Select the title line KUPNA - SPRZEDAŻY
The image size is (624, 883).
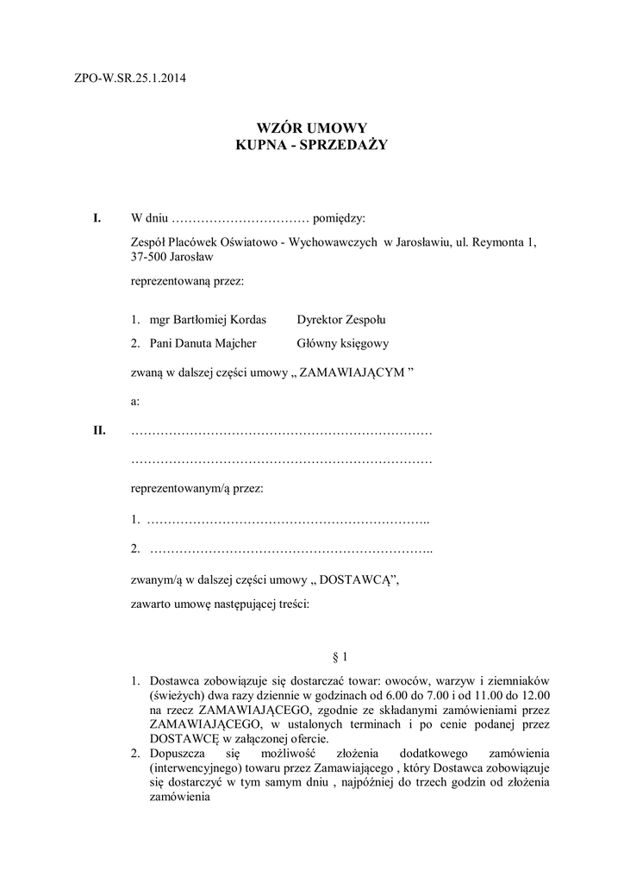(x=312, y=146)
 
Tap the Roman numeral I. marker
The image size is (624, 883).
(x=98, y=217)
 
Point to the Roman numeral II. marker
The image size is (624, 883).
(x=100, y=430)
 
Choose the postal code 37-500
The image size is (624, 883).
(x=151, y=257)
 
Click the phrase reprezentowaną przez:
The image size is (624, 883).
(x=187, y=281)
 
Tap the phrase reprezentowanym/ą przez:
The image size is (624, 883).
(x=197, y=489)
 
